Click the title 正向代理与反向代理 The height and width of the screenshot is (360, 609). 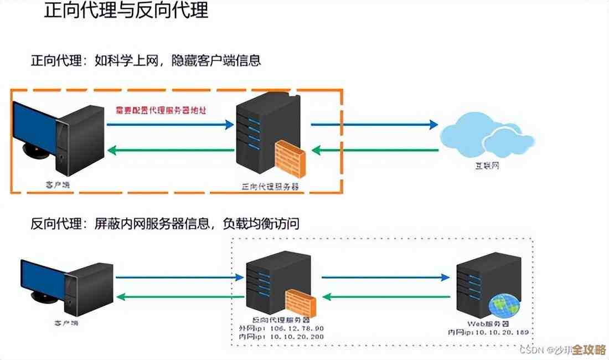click(x=126, y=12)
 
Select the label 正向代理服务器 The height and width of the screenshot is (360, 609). click(x=271, y=187)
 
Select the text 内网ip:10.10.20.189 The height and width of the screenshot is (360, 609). click(x=488, y=332)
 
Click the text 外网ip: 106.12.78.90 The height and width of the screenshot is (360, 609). click(x=280, y=328)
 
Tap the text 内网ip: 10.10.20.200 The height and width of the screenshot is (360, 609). click(x=280, y=336)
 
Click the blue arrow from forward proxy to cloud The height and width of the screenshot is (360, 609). click(x=374, y=125)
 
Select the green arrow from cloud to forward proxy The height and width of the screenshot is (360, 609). click(x=374, y=150)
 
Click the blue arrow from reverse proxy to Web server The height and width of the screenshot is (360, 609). click(x=385, y=277)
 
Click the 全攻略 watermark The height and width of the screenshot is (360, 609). click(x=589, y=350)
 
